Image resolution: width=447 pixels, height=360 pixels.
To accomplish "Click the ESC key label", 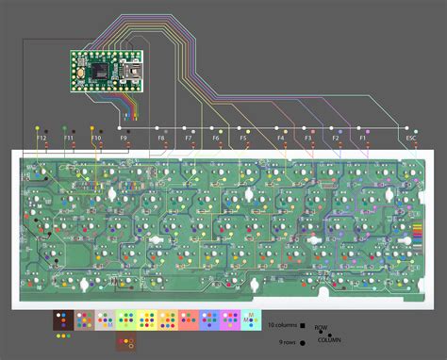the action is coord(410,138).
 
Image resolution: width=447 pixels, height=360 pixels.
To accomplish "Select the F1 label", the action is coord(363,139).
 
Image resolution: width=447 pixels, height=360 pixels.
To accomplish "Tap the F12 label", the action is coord(41,139).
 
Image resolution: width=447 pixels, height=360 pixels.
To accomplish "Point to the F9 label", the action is coord(124,139).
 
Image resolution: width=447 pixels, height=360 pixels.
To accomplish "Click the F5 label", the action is coord(243,139).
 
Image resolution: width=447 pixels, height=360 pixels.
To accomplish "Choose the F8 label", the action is coord(161,139).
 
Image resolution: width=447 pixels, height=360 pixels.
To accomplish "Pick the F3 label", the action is coord(308,139).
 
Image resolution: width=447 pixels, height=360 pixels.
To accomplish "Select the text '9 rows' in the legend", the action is coord(286,342).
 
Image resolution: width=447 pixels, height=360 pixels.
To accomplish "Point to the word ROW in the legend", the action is coord(322,329).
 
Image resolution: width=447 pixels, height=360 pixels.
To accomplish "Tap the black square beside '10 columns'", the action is coord(303,324).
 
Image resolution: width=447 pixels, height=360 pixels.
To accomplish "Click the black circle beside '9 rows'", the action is coord(303,342).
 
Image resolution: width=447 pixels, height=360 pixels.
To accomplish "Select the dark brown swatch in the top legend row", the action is coord(62,319).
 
